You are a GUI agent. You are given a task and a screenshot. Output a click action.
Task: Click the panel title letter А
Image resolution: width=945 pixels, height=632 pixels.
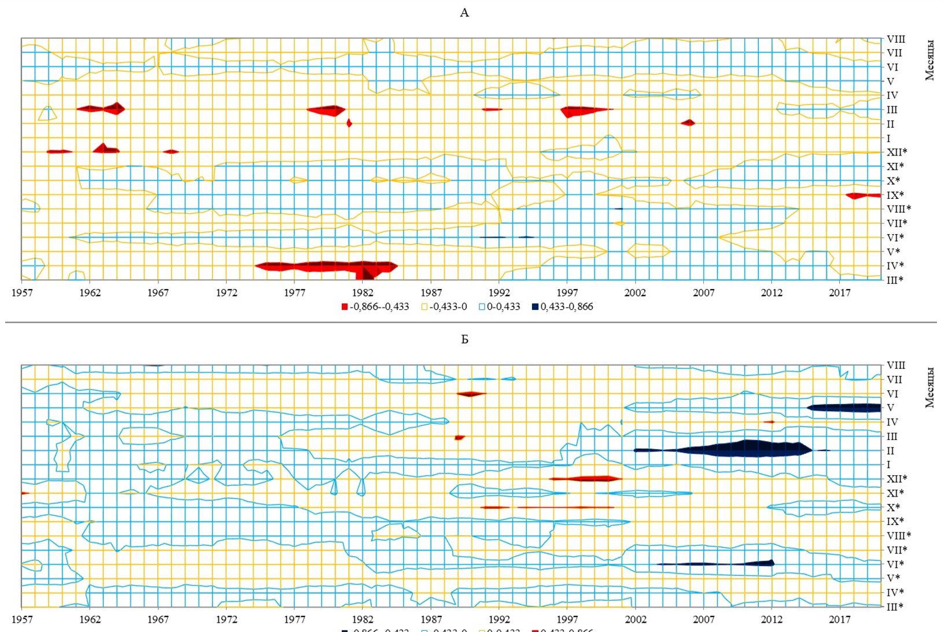pyautogui.click(x=464, y=13)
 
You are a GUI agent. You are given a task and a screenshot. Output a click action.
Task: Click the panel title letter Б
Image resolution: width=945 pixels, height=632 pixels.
pyautogui.click(x=464, y=339)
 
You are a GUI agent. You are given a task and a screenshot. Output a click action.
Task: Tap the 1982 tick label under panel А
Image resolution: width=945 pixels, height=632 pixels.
pyautogui.click(x=363, y=293)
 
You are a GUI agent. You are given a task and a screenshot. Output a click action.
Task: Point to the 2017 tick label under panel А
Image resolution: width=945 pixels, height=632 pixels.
pyautogui.click(x=839, y=293)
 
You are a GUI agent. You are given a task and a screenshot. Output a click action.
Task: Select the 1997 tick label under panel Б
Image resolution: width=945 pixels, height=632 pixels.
pyautogui.click(x=567, y=619)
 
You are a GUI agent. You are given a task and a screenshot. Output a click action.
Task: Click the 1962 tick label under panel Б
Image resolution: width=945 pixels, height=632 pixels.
pyautogui.click(x=90, y=619)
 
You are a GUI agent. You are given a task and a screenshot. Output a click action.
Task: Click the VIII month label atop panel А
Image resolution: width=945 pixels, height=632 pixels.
pyautogui.click(x=896, y=39)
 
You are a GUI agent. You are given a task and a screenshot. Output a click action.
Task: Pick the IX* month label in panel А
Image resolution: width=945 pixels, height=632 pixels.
pyautogui.click(x=895, y=195)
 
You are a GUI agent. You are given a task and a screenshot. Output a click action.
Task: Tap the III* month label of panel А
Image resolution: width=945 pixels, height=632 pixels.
pyautogui.click(x=895, y=280)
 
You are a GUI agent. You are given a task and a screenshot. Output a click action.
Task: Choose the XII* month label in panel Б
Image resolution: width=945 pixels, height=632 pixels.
pyautogui.click(x=896, y=479)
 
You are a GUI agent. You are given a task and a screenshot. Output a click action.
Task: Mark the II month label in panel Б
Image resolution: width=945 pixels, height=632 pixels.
pyautogui.click(x=890, y=450)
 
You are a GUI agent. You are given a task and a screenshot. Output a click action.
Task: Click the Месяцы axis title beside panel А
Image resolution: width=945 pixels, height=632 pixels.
pyautogui.click(x=929, y=60)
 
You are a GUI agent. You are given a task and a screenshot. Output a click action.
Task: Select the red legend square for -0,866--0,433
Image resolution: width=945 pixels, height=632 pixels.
pyautogui.click(x=345, y=307)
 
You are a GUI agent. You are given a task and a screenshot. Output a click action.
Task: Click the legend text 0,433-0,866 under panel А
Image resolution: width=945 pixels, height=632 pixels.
pyautogui.click(x=567, y=306)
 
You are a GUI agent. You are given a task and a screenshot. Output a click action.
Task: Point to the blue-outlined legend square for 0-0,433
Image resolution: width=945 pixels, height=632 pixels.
pyautogui.click(x=482, y=307)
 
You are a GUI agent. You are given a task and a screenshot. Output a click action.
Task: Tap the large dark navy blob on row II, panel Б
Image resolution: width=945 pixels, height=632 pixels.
pyautogui.click(x=746, y=449)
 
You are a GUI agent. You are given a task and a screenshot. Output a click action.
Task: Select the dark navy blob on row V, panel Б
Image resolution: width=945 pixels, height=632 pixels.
pyautogui.click(x=844, y=408)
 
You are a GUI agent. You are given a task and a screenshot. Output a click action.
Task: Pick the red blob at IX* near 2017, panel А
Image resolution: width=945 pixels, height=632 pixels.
pyautogui.click(x=862, y=195)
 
